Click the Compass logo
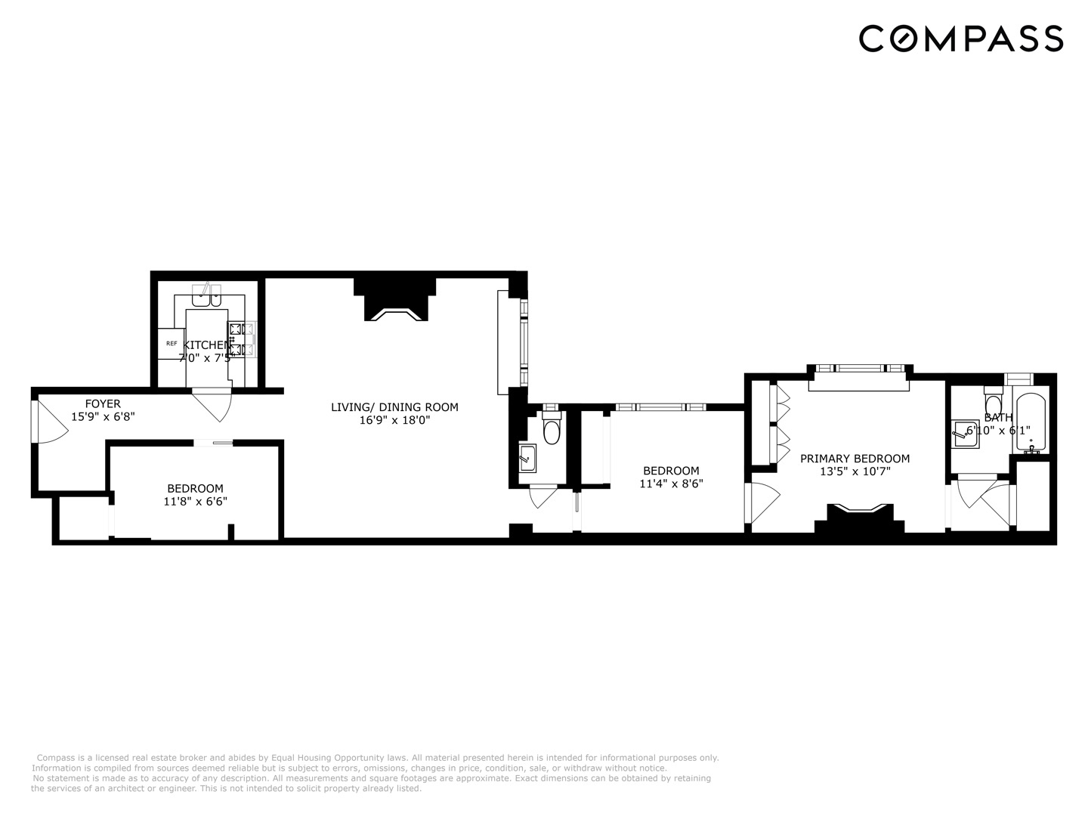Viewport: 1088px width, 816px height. click(960, 38)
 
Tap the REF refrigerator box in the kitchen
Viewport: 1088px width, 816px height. click(172, 343)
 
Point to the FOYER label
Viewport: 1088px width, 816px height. click(103, 403)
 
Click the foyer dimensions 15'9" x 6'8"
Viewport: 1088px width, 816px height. click(103, 416)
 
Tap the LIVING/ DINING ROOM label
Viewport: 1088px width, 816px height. click(394, 407)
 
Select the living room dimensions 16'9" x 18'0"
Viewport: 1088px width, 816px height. click(394, 420)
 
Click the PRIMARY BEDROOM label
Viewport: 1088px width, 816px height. click(855, 459)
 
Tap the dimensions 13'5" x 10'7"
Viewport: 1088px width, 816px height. click(855, 471)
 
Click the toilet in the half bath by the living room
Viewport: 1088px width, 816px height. click(552, 430)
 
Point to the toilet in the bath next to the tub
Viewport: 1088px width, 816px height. click(993, 403)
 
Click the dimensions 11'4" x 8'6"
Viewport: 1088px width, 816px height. click(671, 484)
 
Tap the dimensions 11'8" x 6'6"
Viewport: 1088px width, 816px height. click(195, 501)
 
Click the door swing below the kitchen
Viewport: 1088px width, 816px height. click(212, 404)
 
